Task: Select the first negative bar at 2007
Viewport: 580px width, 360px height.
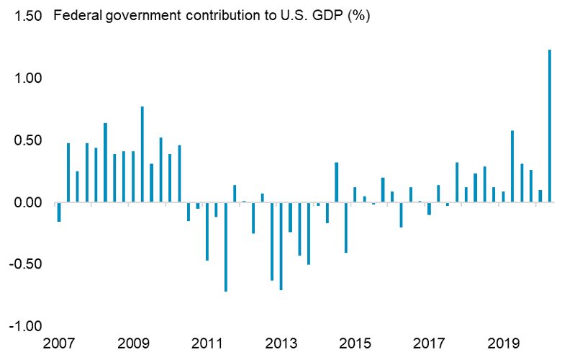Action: pos(59,212)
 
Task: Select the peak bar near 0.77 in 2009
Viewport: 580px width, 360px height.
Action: pos(142,154)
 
